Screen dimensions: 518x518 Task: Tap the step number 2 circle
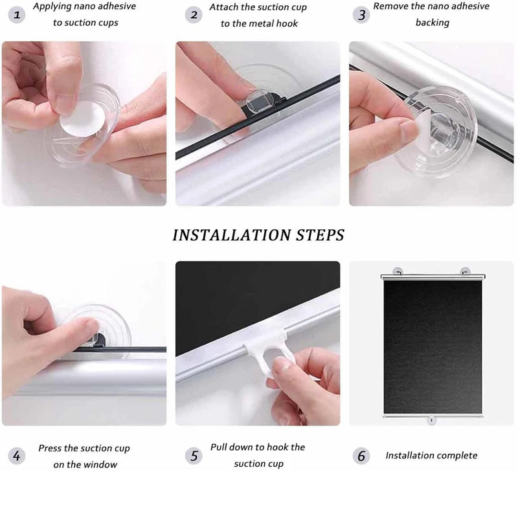[194, 14]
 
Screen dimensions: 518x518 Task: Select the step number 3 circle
[361, 14]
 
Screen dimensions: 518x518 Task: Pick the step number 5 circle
[194, 456]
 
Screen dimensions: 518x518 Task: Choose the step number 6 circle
[361, 456]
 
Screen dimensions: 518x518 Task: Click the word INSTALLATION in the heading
[227, 234]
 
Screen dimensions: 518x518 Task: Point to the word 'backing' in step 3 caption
[432, 23]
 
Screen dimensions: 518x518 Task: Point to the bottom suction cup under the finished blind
[432, 421]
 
